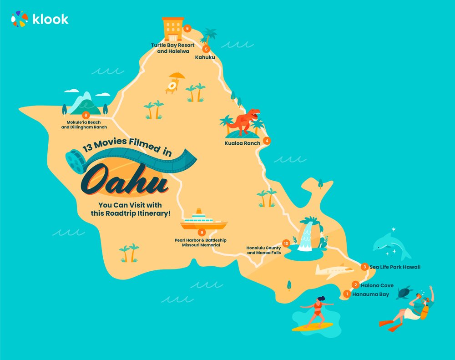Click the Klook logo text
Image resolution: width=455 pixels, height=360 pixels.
51,19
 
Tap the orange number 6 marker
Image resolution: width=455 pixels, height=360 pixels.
187,28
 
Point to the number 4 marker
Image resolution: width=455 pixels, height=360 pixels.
267,141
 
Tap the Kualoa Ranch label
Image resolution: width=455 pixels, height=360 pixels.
243,143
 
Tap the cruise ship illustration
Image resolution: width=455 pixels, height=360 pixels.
203,220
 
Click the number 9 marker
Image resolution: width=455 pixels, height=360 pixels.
201,232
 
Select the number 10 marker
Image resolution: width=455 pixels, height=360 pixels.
286,243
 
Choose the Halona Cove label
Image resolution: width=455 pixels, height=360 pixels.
377,286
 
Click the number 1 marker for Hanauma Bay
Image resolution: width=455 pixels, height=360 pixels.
347,294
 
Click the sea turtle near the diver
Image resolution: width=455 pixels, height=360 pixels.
404,293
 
